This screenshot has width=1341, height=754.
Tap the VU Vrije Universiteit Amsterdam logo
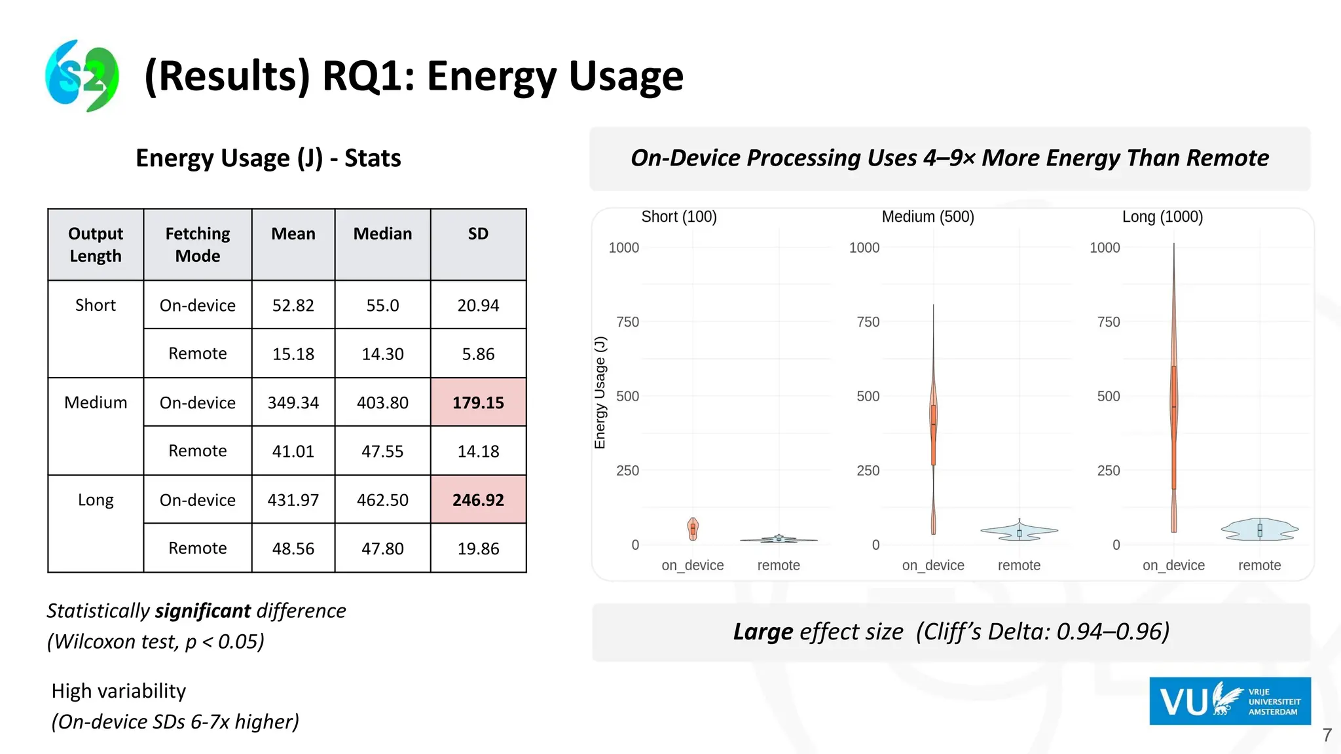tap(1230, 701)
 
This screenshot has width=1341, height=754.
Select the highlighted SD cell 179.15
tap(478, 403)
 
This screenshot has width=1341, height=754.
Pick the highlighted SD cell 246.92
tap(478, 500)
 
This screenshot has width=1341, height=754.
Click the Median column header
tap(382, 234)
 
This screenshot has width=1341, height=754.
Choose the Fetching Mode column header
tap(198, 245)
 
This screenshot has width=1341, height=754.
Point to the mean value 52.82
tap(293, 306)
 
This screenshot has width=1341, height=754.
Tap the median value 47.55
tap(382, 451)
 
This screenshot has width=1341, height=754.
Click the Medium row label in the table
tap(96, 403)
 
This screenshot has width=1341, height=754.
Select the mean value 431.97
tap(293, 500)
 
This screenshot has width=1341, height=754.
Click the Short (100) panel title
tap(679, 217)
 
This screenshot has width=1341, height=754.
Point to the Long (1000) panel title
tap(1162, 217)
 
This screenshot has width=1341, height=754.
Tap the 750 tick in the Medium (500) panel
tap(868, 322)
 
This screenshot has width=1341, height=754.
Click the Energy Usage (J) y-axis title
tap(600, 393)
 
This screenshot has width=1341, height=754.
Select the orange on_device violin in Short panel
tap(693, 528)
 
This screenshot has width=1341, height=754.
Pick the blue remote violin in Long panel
tap(1259, 530)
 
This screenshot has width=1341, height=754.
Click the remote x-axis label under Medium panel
tap(1019, 565)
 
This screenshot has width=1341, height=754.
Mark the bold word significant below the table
tap(202, 611)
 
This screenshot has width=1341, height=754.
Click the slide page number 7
tap(1327, 736)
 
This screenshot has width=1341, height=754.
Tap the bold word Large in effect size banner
tap(763, 632)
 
